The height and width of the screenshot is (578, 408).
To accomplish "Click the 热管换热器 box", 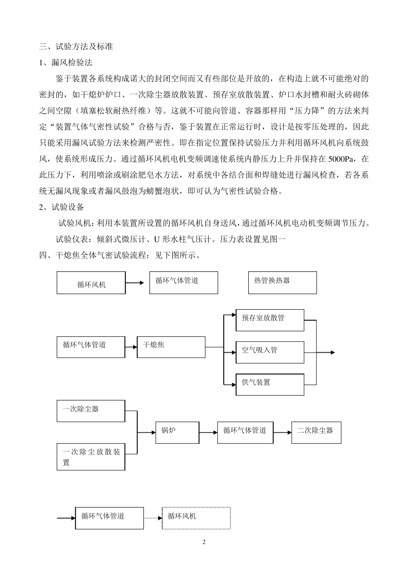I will (x=282, y=283).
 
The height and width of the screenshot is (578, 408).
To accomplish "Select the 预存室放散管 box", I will (x=270, y=320).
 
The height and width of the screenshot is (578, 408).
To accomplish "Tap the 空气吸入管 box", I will (x=270, y=352).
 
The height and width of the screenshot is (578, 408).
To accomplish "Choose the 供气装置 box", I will (x=270, y=384).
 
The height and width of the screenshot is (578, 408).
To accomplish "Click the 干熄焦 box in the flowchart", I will (x=171, y=347).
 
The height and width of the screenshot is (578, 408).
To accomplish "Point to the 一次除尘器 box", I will (x=91, y=411).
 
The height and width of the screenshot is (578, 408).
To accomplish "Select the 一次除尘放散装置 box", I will (x=91, y=457).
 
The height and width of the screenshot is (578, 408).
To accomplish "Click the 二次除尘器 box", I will (x=316, y=432).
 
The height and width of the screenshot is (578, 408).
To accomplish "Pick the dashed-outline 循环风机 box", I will (x=196, y=518).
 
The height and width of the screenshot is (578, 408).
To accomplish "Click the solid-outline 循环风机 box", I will (x=91, y=283).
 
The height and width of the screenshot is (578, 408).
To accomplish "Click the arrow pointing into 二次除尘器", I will (x=282, y=432).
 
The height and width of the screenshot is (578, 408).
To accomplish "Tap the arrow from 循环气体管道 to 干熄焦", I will (x=131, y=347).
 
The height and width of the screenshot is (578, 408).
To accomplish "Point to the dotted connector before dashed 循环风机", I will (x=152, y=518).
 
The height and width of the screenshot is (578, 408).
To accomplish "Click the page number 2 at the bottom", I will (x=204, y=542).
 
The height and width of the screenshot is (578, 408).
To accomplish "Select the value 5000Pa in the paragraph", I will (x=341, y=159).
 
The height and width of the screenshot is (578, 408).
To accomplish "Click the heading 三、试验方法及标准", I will (x=76, y=46).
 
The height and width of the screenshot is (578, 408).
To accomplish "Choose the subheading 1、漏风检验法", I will (x=66, y=62).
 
